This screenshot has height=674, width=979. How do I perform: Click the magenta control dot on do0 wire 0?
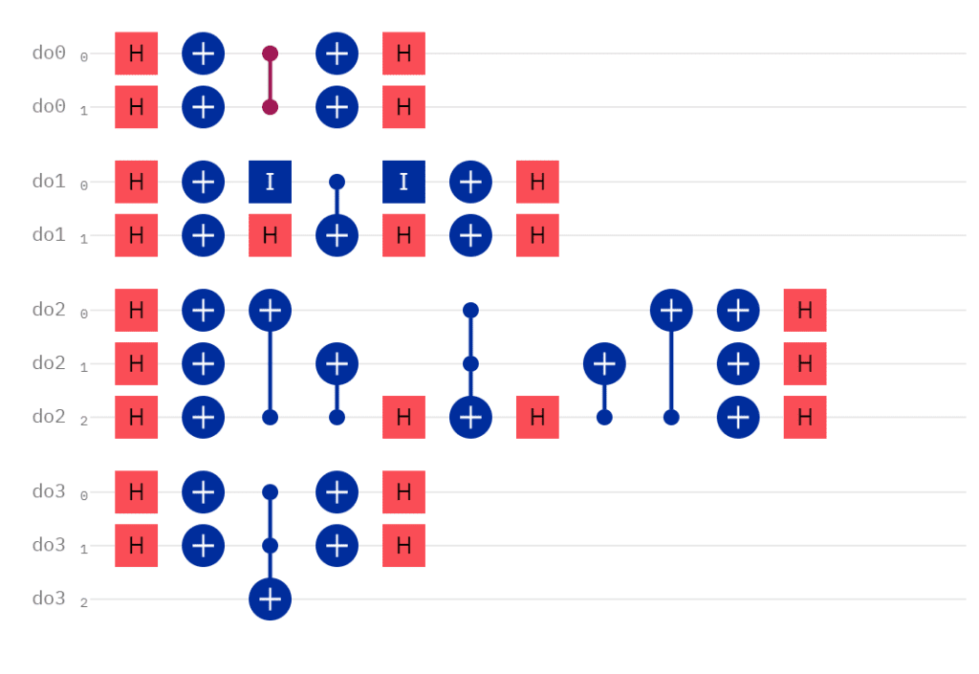tap(271, 54)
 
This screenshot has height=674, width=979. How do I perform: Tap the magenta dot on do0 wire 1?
tap(271, 107)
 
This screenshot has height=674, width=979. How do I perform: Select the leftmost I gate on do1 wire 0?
tap(271, 182)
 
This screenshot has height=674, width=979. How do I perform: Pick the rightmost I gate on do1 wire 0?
tap(404, 182)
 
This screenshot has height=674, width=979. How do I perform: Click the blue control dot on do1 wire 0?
tap(337, 182)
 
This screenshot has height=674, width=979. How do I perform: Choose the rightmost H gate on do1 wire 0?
tap(537, 182)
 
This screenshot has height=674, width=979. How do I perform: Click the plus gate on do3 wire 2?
tap(271, 599)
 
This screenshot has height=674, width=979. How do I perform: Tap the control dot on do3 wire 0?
tap(271, 492)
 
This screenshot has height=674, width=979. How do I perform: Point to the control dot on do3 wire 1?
tap(271, 546)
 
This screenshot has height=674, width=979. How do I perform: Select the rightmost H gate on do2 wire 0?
tap(805, 310)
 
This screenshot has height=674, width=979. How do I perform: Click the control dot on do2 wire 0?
tap(470, 310)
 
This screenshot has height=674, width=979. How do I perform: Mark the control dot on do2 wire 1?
tap(470, 363)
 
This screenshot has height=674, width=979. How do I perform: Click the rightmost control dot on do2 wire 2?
tap(671, 417)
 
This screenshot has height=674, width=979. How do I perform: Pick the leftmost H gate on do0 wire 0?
tap(137, 54)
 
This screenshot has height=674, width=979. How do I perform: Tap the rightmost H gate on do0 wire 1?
tap(404, 107)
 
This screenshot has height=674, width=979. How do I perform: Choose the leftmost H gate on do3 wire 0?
tap(137, 492)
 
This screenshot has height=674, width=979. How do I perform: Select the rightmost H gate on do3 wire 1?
tap(404, 546)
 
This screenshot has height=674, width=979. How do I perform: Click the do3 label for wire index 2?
tap(49, 599)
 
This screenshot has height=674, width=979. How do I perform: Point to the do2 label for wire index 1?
tap(49, 363)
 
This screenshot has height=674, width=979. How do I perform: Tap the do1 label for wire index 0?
tap(49, 182)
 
